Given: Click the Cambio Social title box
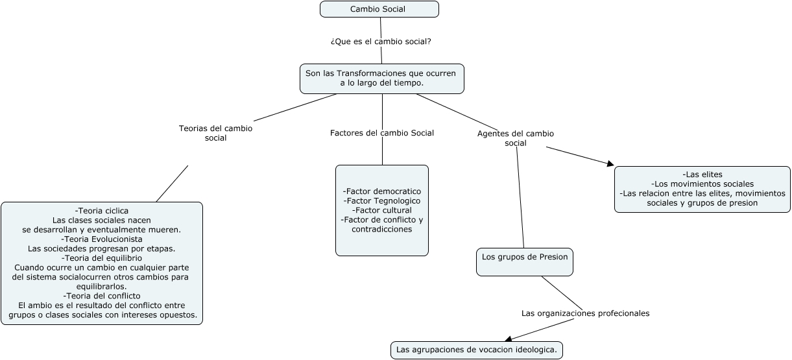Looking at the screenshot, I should tap(379, 9).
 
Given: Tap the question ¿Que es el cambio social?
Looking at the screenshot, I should tap(381, 41).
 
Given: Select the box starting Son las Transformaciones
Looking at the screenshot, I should tap(381, 78).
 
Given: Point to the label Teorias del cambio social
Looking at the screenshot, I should tap(215, 133).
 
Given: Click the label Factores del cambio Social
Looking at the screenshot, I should tap(381, 133).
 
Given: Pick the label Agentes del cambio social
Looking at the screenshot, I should tap(516, 138).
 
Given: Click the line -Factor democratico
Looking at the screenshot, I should tap(381, 191).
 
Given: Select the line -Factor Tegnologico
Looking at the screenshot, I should tap(381, 201).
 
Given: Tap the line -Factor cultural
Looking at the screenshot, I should tap(381, 210).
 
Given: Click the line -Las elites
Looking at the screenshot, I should tap(702, 174).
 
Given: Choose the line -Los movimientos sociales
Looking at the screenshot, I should tap(702, 184).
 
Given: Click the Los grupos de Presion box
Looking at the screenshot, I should tap(524, 258).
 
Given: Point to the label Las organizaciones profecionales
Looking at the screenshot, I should tap(585, 313).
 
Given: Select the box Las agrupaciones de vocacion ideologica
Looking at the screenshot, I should tap(476, 350).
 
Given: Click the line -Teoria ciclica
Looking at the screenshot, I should tap(102, 211).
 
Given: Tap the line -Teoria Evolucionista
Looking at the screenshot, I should tap(102, 239).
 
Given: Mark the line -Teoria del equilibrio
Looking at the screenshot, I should tap(102, 258).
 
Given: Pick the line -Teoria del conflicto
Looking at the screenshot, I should tap(102, 296).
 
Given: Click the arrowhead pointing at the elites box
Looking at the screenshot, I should tap(610, 164).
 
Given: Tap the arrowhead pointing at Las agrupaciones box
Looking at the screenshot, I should tap(509, 338).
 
